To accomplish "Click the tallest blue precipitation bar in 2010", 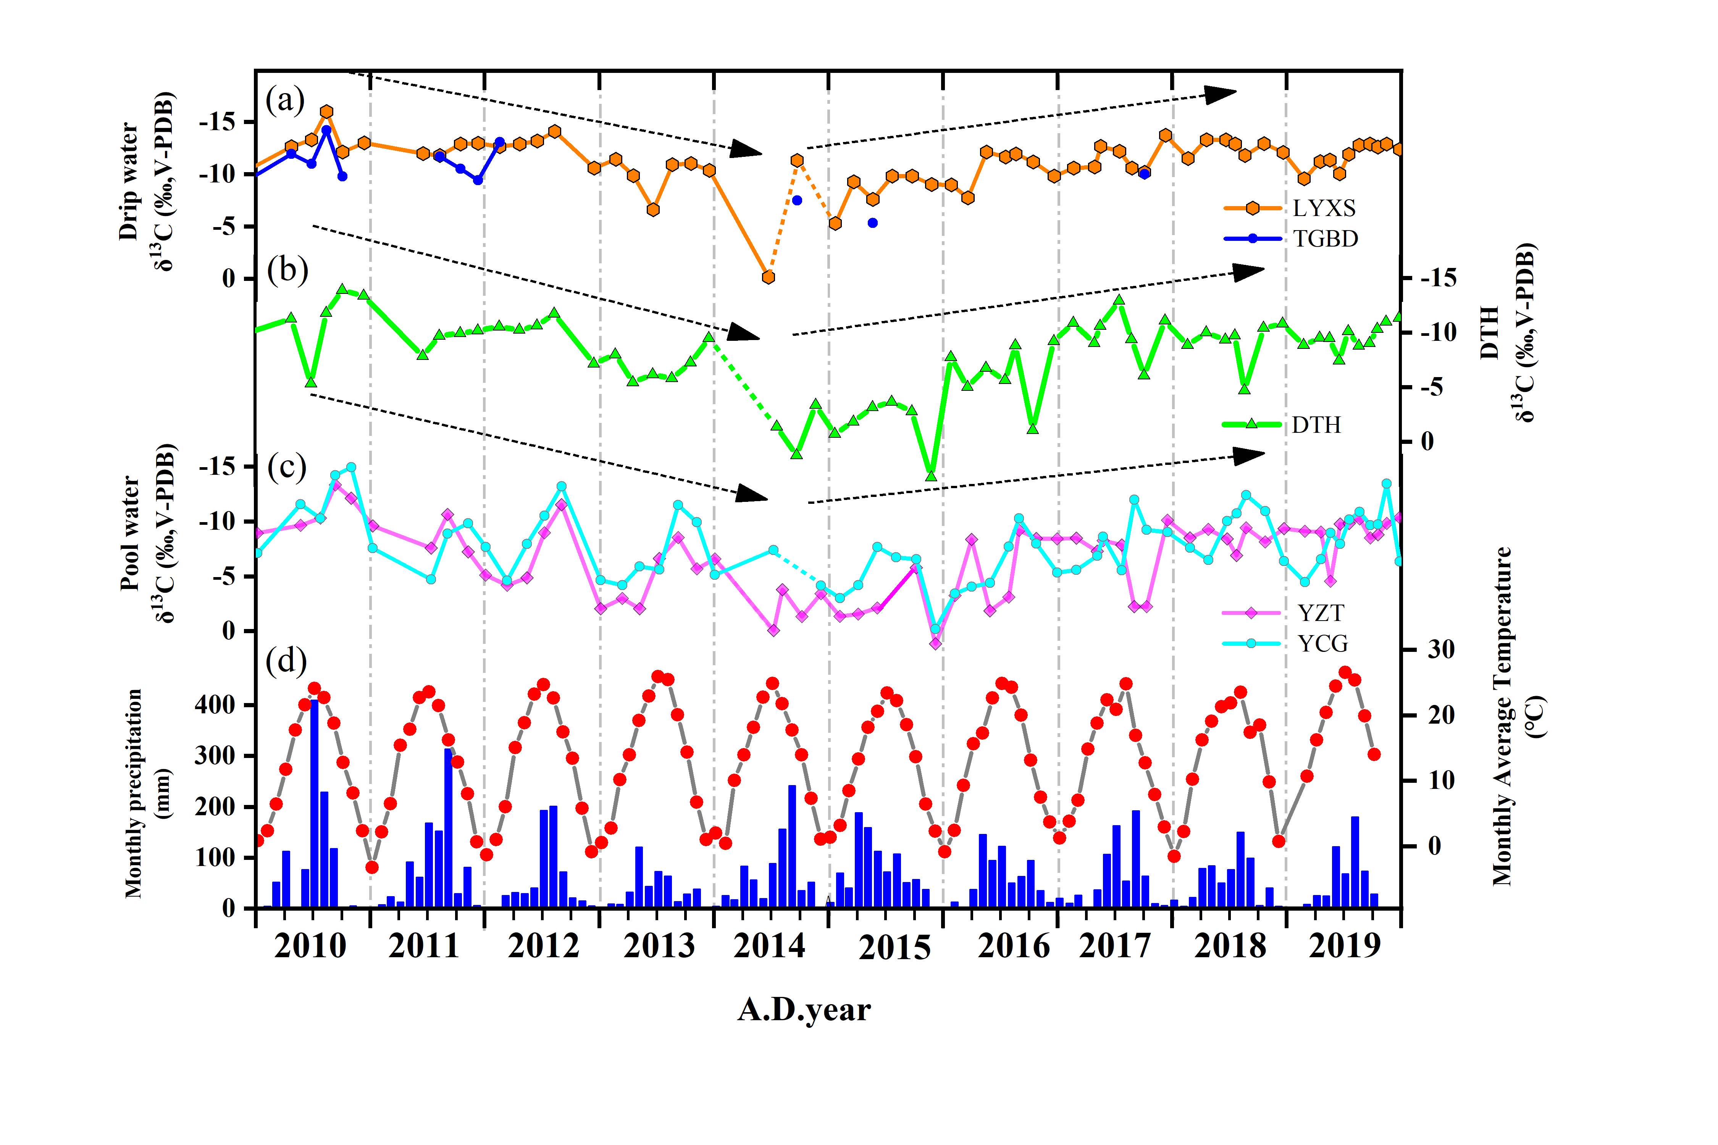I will tap(314, 803).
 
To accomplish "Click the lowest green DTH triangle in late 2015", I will tap(931, 476).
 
